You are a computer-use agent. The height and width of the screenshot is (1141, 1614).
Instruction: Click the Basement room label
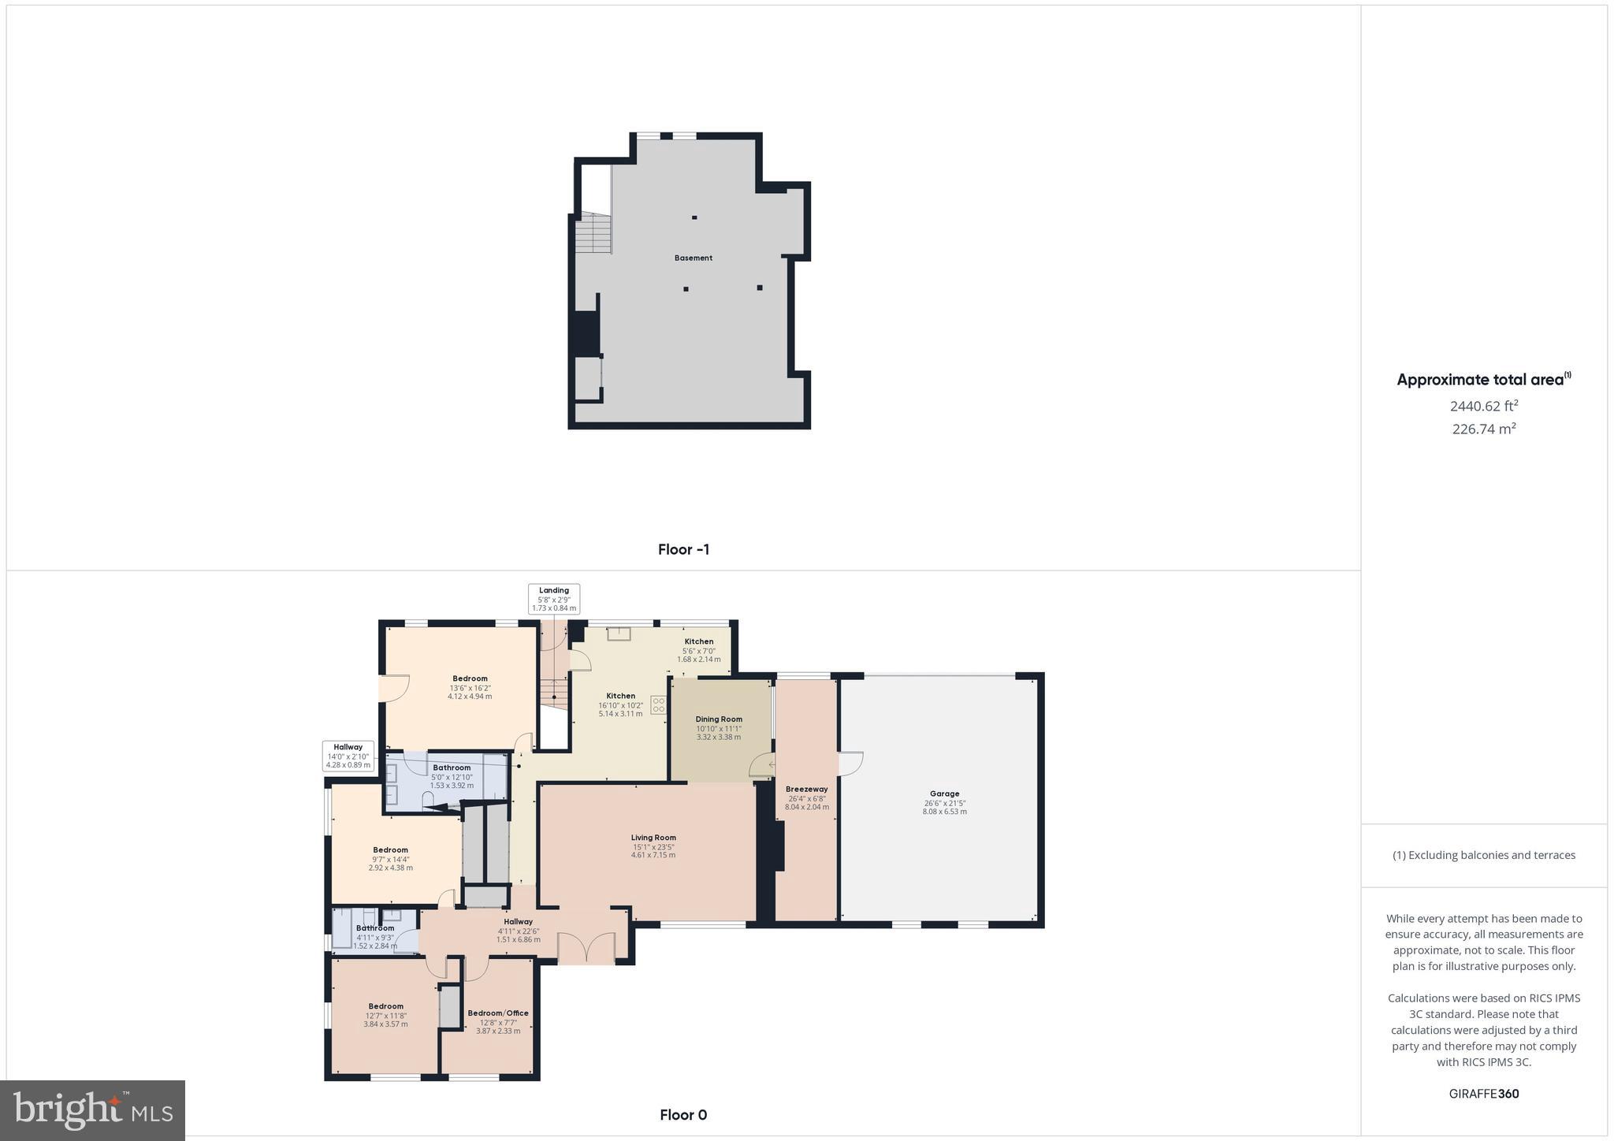coord(693,258)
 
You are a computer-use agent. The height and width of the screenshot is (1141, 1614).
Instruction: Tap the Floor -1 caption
coord(683,549)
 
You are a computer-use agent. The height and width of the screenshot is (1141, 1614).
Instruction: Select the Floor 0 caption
coord(683,1114)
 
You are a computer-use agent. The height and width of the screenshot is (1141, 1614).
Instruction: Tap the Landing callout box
coord(554,599)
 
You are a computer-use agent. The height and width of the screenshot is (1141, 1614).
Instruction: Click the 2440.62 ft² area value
coord(1483,407)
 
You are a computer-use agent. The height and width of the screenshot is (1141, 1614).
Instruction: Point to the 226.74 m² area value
coord(1483,429)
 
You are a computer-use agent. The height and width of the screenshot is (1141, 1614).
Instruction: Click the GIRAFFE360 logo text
coord(1483,1094)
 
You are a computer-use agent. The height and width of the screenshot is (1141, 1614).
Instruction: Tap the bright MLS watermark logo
coord(93,1109)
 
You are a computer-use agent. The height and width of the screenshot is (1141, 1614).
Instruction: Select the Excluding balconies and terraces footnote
coord(1483,855)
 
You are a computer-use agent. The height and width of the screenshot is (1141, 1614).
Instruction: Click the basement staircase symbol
coord(593,232)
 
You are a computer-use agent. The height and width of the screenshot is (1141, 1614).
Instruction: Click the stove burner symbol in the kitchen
coord(658,704)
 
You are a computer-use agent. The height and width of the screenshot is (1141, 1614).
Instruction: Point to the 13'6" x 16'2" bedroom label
coord(470,687)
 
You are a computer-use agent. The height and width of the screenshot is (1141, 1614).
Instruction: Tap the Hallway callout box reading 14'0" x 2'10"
coord(348,756)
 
